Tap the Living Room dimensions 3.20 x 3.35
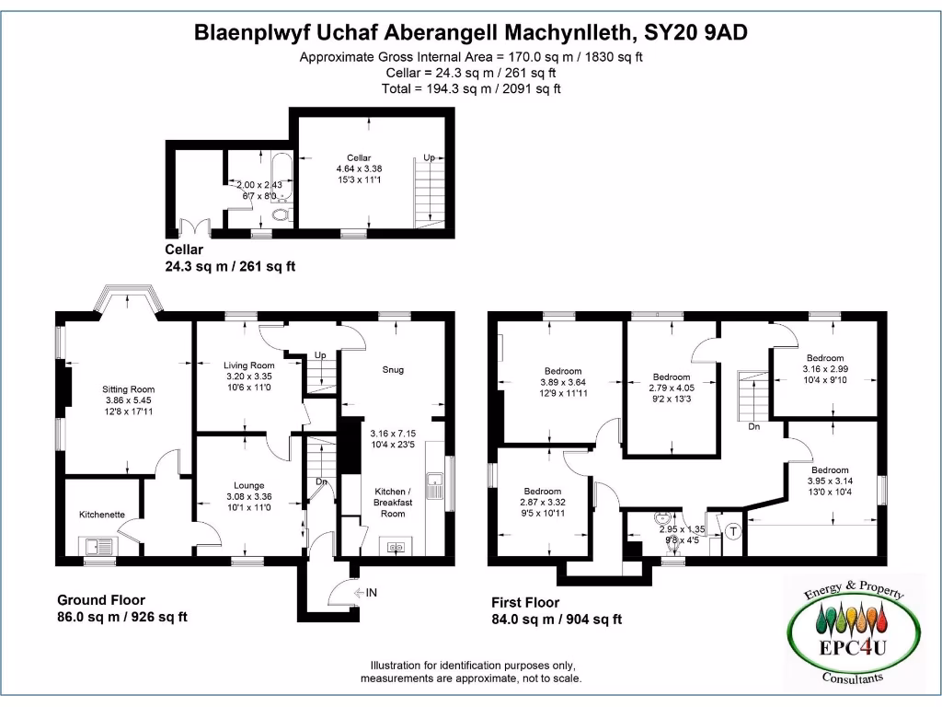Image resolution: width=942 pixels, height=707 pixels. (248, 377)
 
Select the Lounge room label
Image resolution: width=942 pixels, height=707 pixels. (248, 485)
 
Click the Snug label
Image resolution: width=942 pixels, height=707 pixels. (393, 370)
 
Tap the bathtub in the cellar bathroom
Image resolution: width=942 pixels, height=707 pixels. (281, 176)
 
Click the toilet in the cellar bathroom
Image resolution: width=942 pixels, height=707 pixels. (281, 215)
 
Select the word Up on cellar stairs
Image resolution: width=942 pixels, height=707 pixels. (429, 158)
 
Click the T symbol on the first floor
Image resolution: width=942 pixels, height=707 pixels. (733, 531)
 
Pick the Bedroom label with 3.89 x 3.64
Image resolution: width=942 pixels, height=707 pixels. (564, 371)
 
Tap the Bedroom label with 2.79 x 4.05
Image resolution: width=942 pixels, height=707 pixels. (672, 377)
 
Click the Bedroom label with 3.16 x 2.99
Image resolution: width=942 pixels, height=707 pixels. (825, 358)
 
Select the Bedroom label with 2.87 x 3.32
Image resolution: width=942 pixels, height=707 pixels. (542, 491)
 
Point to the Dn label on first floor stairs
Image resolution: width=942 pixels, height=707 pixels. (753, 426)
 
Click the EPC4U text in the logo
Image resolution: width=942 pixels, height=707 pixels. (854, 647)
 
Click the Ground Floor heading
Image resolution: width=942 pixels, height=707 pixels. (101, 600)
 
